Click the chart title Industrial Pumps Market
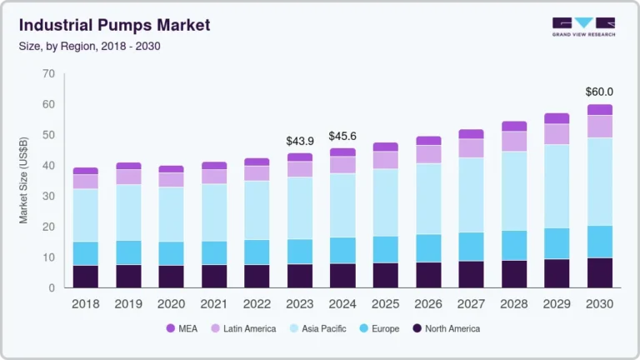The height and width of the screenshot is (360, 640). click(x=114, y=25)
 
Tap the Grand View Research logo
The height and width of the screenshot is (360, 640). click(x=583, y=27)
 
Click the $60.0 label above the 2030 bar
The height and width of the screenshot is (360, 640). click(x=599, y=92)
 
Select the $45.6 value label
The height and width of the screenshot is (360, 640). click(x=342, y=135)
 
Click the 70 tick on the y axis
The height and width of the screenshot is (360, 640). click(x=47, y=74)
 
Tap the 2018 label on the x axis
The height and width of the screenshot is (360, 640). click(x=85, y=304)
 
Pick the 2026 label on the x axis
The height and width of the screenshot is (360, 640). click(x=428, y=304)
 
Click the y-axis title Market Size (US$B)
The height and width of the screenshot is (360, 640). click(x=24, y=181)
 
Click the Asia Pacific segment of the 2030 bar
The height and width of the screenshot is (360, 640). click(x=599, y=181)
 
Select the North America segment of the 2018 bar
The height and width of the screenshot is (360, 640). click(x=85, y=277)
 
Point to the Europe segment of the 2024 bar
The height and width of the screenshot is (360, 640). click(x=342, y=250)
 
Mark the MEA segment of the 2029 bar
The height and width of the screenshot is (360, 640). click(x=557, y=118)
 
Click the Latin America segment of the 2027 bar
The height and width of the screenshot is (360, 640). click(x=471, y=147)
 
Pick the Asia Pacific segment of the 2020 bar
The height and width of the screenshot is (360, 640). click(x=171, y=214)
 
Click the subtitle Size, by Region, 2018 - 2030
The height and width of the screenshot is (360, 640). click(x=89, y=46)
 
